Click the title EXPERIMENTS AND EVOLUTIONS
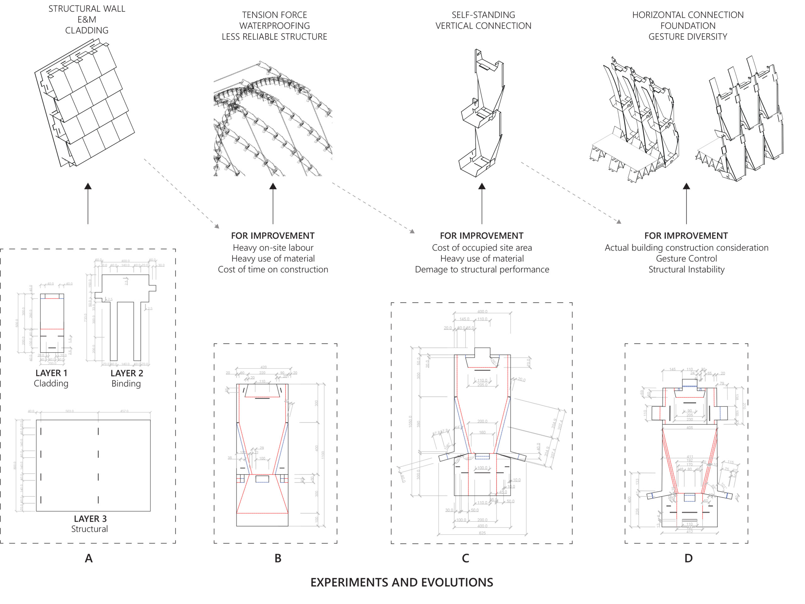coord(402,582)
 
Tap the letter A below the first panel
coord(88,558)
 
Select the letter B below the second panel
coord(278,558)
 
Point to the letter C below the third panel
coord(465,558)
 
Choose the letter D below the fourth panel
coord(688,558)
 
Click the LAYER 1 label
coord(51,373)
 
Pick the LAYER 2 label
coord(127,373)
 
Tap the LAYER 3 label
coord(90,518)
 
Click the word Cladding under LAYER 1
coord(51,383)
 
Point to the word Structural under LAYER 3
coord(90,529)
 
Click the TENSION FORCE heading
coord(275,15)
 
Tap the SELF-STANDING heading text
coord(483,15)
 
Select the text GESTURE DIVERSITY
coord(687,37)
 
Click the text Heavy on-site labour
coord(273,248)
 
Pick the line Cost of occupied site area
coord(482,248)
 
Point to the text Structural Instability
coord(686,269)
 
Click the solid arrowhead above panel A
coord(88,186)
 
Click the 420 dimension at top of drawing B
coord(264,367)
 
